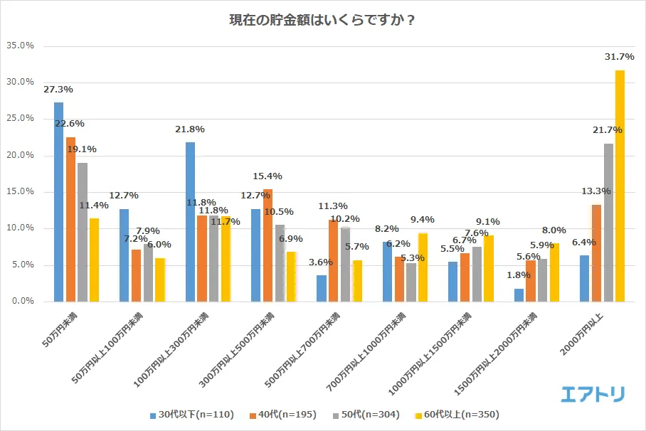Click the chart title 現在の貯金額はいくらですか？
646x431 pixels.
[x=322, y=19]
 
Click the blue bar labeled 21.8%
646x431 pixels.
[x=190, y=221]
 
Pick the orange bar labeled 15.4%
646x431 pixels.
[x=268, y=245]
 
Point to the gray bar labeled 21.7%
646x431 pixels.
[x=608, y=222]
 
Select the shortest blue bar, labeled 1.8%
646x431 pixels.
[x=519, y=294]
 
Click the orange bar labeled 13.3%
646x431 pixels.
[x=596, y=252]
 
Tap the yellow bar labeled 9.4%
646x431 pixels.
[x=423, y=267]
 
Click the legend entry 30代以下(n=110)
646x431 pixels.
[x=192, y=414]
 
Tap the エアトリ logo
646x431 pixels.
[x=593, y=393]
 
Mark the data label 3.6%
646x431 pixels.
[x=321, y=262]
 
